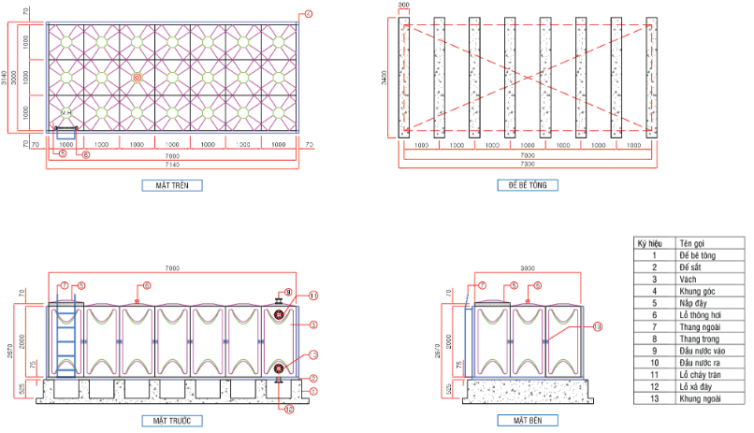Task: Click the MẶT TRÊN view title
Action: click(171, 185)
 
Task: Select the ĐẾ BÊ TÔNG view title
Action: click(528, 185)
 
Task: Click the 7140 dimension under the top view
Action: click(172, 164)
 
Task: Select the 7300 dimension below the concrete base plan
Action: click(528, 164)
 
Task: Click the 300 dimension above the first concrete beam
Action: click(404, 6)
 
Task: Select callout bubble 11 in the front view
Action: click(314, 296)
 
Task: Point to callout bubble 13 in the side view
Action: click(598, 325)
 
